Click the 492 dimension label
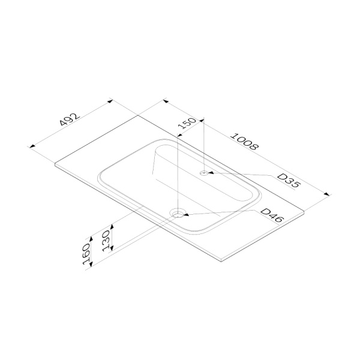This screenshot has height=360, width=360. pyautogui.click(x=70, y=119)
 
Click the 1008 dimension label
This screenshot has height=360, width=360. pyautogui.click(x=245, y=142)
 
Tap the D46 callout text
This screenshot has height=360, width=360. pyautogui.click(x=272, y=215)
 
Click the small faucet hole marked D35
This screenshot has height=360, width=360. pyautogui.click(x=203, y=173)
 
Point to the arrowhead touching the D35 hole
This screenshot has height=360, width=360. pyautogui.click(x=211, y=173)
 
